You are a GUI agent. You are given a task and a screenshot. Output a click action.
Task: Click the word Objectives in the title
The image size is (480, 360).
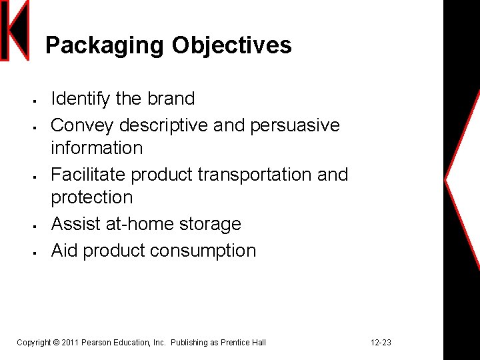pyautogui.click(x=231, y=46)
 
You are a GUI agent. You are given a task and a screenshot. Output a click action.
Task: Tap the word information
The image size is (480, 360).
pyautogui.click(x=97, y=147)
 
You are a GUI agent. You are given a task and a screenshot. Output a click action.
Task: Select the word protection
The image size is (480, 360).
pyautogui.click(x=92, y=197)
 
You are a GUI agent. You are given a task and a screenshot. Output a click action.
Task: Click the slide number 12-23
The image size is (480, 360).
pyautogui.click(x=381, y=343)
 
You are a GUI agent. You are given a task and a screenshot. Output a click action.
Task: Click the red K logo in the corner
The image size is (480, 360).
pyautogui.click(x=15, y=31)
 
